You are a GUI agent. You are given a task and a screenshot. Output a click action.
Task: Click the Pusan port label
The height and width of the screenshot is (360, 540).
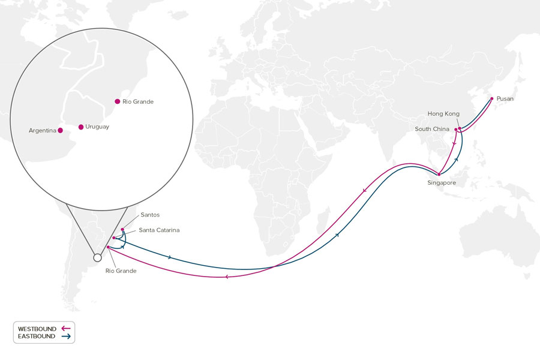[505, 98]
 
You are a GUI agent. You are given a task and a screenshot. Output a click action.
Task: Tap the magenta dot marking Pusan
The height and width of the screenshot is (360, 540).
[492, 98]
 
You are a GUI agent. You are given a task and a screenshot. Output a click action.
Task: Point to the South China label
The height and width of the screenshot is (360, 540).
[432, 129]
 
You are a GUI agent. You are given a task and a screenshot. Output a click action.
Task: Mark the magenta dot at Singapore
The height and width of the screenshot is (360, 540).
[439, 174]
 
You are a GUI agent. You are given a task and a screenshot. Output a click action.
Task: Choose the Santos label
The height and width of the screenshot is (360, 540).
[151, 215]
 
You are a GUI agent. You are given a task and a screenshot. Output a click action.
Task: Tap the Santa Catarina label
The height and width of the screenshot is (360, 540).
[160, 230]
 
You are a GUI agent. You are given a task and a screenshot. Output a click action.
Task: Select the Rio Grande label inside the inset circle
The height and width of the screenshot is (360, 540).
[138, 102]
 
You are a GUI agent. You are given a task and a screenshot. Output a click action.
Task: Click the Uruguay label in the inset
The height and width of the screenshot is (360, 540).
[97, 127]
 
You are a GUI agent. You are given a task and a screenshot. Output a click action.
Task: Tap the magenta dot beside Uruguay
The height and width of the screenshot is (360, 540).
[81, 127]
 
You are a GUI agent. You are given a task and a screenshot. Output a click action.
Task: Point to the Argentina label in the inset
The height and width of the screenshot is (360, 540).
[42, 130]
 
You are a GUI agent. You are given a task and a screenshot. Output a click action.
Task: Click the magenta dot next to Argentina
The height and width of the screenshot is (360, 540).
[60, 130]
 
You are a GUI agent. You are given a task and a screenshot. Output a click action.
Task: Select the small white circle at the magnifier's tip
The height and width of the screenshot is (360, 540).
[97, 258]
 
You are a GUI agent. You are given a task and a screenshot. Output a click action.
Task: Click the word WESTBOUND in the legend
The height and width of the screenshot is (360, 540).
[37, 329]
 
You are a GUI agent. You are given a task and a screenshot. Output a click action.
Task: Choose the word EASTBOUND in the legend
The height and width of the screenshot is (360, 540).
[37, 337]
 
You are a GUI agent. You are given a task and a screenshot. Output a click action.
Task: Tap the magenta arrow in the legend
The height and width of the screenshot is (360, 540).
[66, 329]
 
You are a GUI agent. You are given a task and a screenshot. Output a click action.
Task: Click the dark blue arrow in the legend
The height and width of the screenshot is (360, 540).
[66, 337]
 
